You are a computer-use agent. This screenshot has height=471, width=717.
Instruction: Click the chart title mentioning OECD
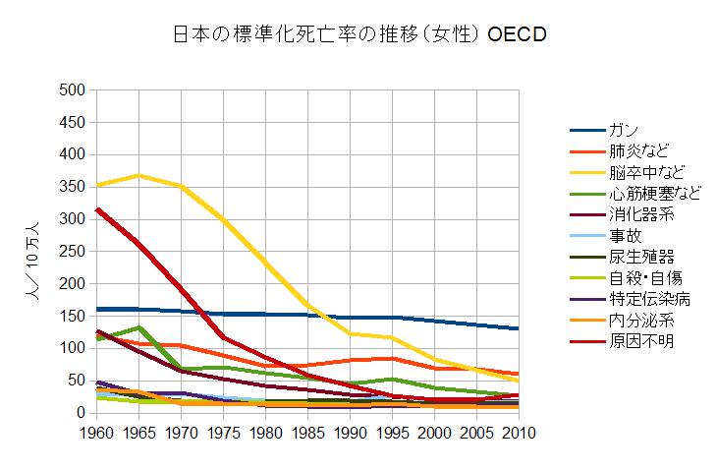(358, 34)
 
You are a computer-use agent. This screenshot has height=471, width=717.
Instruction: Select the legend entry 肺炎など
(638, 150)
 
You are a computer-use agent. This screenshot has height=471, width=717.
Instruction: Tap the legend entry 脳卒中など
(645, 172)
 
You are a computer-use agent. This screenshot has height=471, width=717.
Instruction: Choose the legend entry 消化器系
(638, 214)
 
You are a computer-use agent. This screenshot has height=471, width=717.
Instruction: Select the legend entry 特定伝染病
(645, 299)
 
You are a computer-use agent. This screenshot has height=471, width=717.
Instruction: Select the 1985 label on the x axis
(307, 432)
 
